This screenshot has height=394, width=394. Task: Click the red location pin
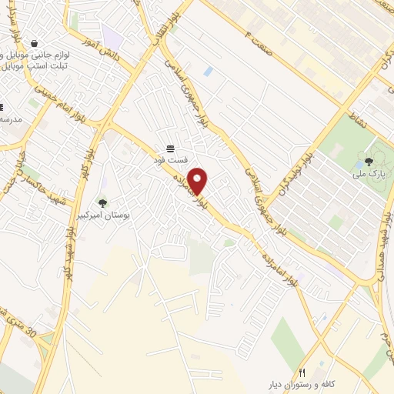[x=199, y=181]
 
